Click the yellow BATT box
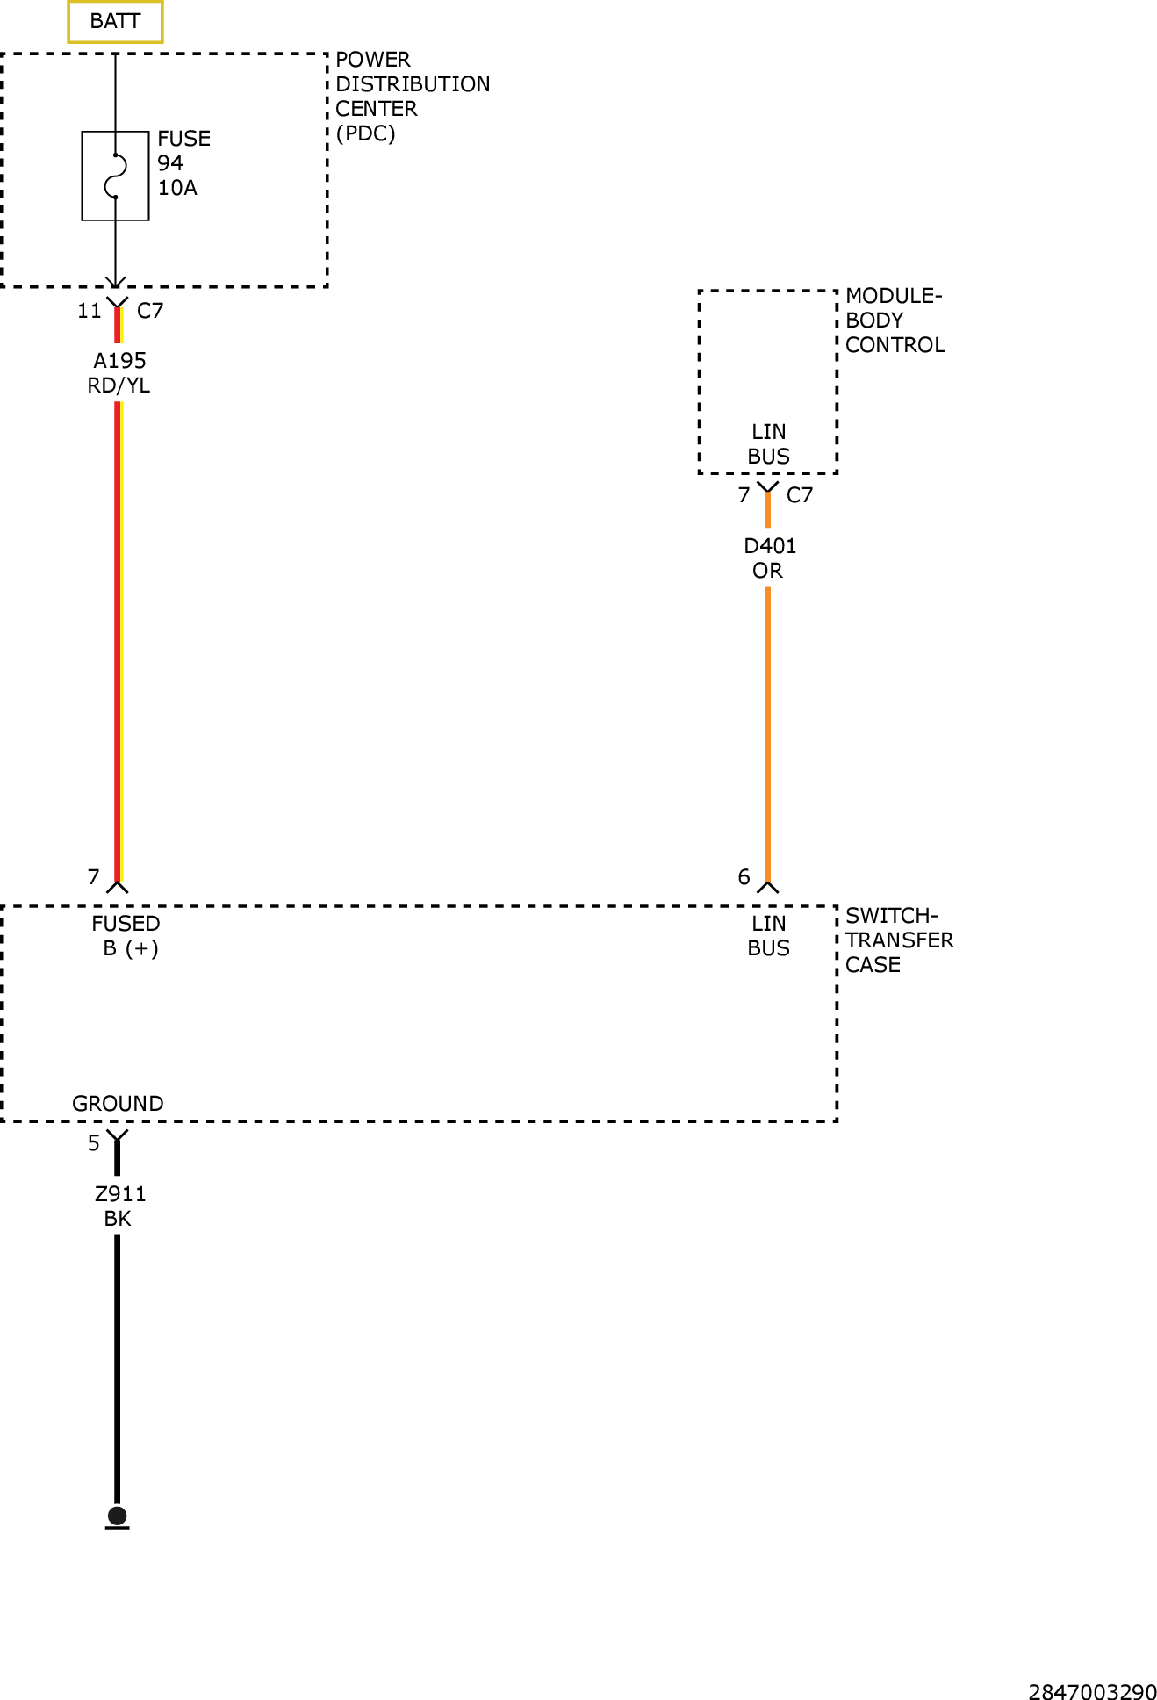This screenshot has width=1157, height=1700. click(115, 21)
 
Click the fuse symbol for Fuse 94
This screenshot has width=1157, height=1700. click(115, 176)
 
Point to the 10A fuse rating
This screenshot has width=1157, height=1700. click(177, 188)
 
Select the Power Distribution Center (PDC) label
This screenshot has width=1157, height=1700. click(413, 97)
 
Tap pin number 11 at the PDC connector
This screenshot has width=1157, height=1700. click(90, 311)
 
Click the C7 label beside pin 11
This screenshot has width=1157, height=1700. click(150, 311)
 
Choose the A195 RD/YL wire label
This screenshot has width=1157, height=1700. click(119, 373)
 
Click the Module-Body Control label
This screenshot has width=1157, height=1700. click(895, 321)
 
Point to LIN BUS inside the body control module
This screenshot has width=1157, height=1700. click(769, 444)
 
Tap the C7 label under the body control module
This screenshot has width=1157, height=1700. click(800, 495)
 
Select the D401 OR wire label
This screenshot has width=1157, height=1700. click(770, 558)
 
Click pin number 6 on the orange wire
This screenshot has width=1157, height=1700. click(744, 877)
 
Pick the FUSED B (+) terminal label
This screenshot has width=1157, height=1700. click(126, 936)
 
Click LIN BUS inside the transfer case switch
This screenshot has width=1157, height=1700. click(769, 936)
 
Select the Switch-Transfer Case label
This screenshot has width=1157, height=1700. click(899, 940)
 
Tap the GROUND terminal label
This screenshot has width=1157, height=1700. click(118, 1104)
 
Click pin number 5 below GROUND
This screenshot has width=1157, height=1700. click(94, 1143)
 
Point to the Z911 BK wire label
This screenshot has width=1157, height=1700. click(120, 1207)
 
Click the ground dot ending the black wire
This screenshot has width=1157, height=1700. click(117, 1516)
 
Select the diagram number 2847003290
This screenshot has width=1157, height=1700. click(1092, 1692)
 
